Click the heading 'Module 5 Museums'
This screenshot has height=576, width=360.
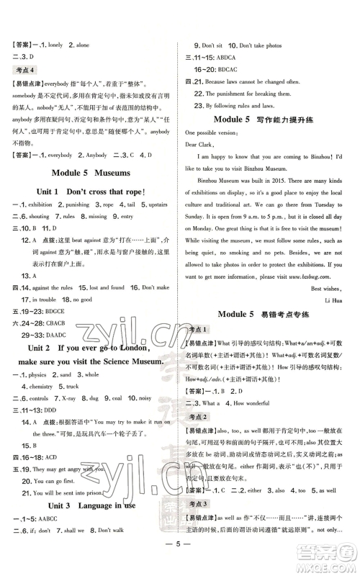point(91,173)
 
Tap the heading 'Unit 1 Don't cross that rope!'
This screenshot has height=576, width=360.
point(91,192)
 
